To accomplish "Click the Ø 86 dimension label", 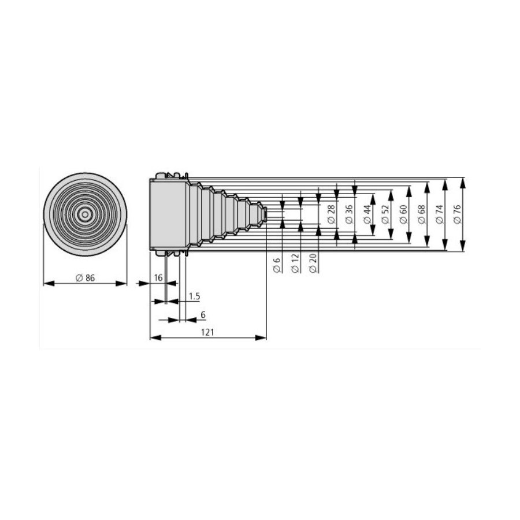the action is (x=86, y=278).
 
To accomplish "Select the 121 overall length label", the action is (x=207, y=332).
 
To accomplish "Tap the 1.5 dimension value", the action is (x=194, y=296).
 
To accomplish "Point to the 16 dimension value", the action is (x=158, y=277).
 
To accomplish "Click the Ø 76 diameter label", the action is (x=458, y=214).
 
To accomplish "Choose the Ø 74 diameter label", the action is (x=440, y=214).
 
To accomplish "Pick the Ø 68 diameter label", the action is (x=422, y=214).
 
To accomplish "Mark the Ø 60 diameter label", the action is (x=403, y=214).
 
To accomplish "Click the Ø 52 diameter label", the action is (x=385, y=214).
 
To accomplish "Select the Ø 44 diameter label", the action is (x=367, y=214).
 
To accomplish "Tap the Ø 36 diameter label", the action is (x=348, y=214).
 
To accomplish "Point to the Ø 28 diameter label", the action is (x=330, y=214).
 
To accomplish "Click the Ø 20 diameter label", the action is (x=313, y=263).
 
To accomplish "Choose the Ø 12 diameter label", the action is (x=295, y=263).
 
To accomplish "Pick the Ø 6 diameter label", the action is (x=277, y=265).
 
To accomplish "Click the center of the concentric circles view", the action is (x=86, y=214).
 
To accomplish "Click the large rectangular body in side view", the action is (x=169, y=214).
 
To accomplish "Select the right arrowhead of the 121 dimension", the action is (x=261, y=337).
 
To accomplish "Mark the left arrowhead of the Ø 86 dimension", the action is (x=50, y=283).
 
